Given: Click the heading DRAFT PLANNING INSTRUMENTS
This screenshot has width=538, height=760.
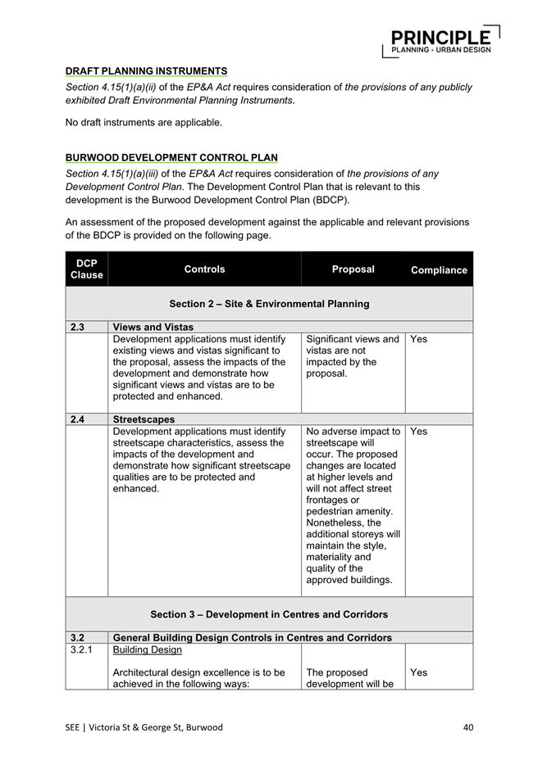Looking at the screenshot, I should coord(146,71).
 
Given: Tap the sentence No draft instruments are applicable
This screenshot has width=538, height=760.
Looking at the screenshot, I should coord(144,123).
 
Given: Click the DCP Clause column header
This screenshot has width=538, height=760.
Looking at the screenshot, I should coord(86,269).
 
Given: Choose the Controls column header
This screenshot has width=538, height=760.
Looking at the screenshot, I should coord(204,269).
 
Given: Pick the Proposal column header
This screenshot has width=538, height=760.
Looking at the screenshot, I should coord(353,269).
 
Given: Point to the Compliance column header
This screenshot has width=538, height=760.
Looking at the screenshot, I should coord(439,269).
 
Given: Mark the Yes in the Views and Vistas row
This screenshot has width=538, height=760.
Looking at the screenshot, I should coord(418,338).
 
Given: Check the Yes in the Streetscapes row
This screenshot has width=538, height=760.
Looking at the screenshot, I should coord(418,431).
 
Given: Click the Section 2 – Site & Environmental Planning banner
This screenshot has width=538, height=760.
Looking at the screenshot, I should coord(269,304).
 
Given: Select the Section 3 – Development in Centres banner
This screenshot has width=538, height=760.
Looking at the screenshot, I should coord(269,613).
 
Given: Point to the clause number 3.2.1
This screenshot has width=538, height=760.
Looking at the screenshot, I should coord(81,649).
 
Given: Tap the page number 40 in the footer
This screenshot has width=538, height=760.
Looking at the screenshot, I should coord(467,726).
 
